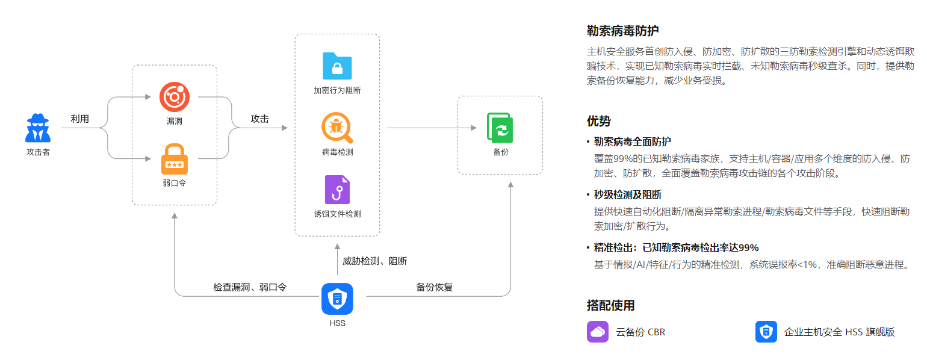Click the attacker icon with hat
pos(38,127)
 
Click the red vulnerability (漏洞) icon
pos(175,97)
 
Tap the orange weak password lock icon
pos(175,159)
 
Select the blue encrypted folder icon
pos(337,66)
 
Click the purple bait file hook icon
pos(337,190)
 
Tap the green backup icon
pos(500,128)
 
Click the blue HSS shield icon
pos(337,299)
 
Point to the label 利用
pos(79,119)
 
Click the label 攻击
pos(259,119)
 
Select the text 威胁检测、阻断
pos(374,261)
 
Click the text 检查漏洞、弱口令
pos(249,287)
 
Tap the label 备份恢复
pos(434,287)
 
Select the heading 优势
pos(598,121)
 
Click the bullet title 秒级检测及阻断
pos(627,194)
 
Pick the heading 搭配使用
pos(610,305)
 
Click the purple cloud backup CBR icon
pos(597,332)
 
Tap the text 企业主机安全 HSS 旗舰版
pos(839,332)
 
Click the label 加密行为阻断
pos(337,91)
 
